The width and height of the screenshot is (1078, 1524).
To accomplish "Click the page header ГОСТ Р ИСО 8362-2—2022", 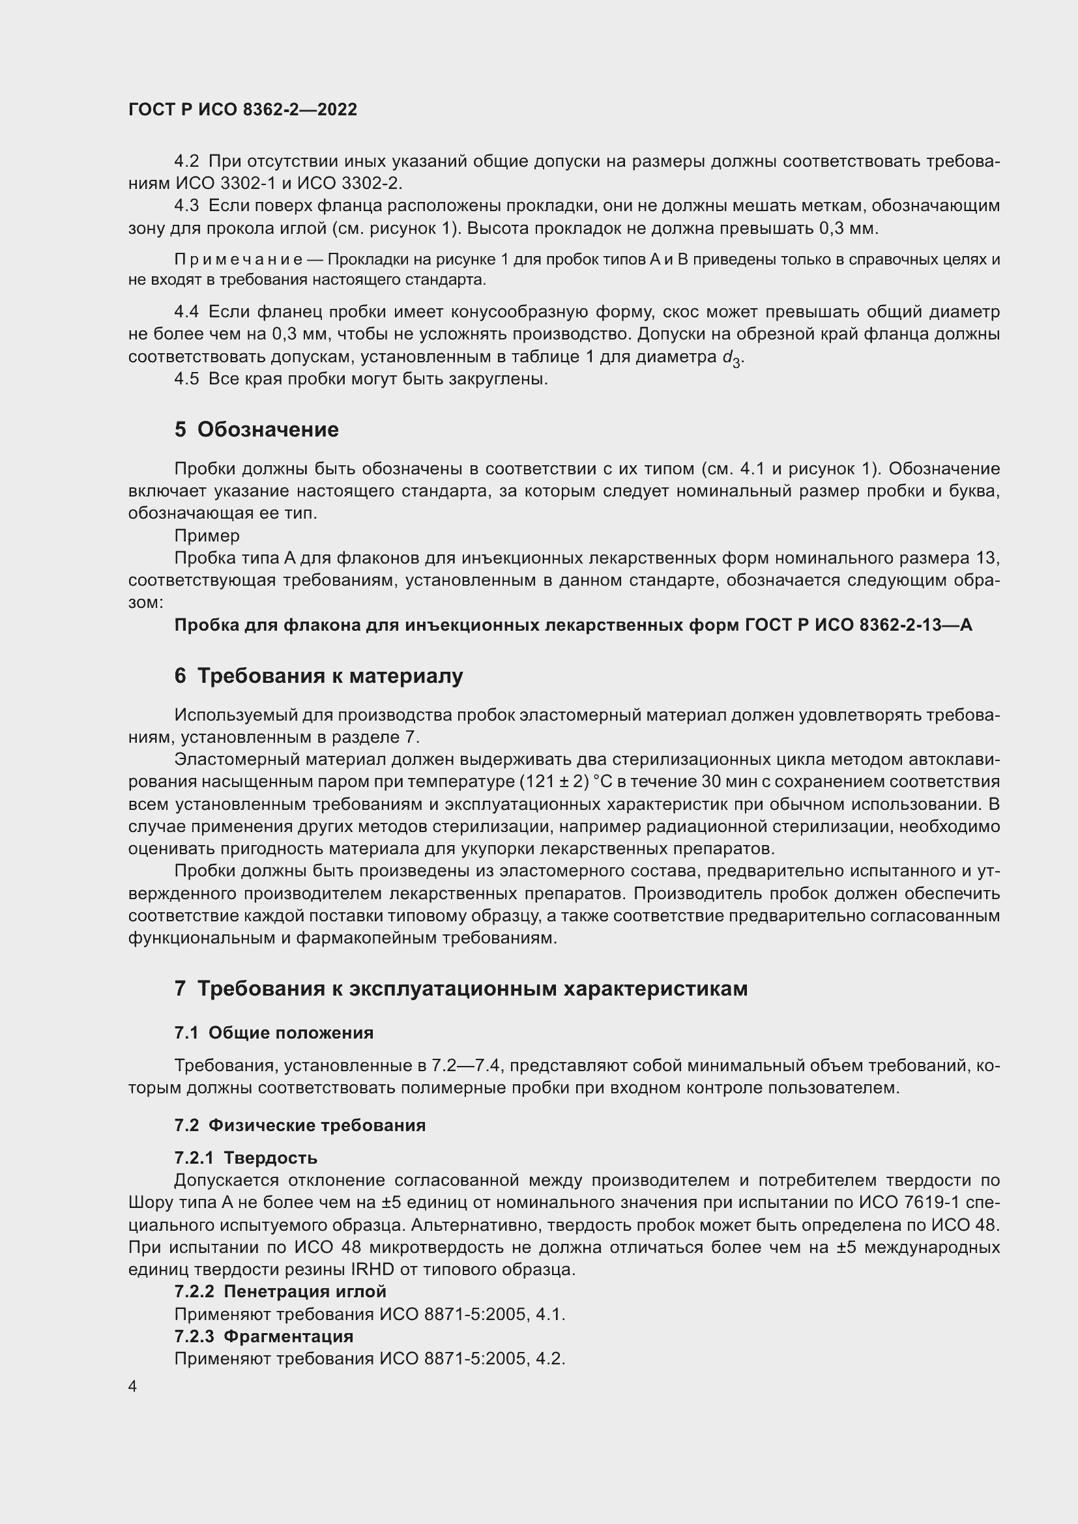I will click(x=242, y=109).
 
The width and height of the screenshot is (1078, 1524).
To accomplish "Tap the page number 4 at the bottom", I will click(x=133, y=1387).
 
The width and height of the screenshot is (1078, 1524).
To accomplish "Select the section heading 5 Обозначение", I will click(x=256, y=429).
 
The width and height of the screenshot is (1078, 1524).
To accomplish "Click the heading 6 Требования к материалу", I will click(x=319, y=676).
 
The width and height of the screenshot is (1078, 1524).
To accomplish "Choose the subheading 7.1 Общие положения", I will click(x=274, y=1033).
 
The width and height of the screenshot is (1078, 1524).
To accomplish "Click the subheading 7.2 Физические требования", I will click(x=300, y=1125).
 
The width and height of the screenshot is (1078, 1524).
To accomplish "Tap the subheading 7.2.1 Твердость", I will click(x=246, y=1158).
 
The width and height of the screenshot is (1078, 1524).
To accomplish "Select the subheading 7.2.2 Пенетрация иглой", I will click(x=280, y=1291).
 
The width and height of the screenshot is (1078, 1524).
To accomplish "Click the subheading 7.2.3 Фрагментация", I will click(x=263, y=1336).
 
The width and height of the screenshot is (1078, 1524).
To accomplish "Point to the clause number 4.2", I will click(x=186, y=162).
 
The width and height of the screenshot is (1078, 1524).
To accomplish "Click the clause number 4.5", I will click(x=186, y=379).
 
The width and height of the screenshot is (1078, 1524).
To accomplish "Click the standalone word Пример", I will click(x=207, y=536).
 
